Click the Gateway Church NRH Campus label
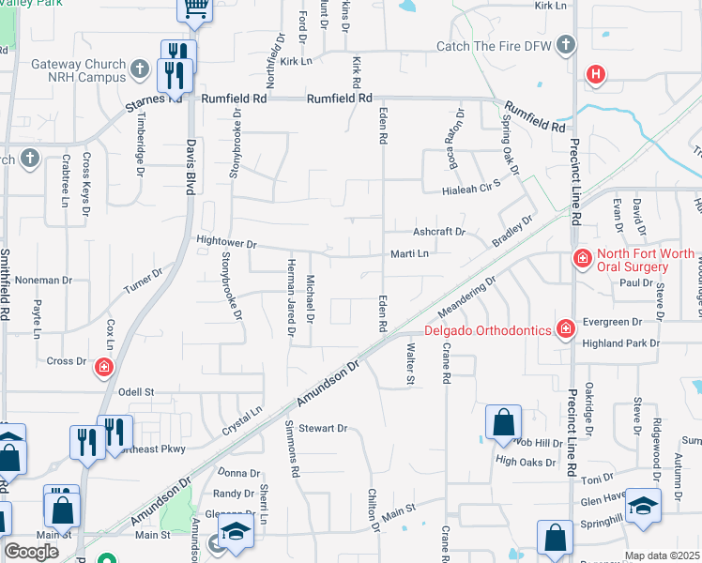tap(78, 71)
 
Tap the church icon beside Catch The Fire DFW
tap(565, 45)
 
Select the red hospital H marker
tap(595, 74)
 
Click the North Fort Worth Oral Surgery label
tap(646, 260)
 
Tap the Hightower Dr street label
tap(226, 242)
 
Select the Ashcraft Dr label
tap(438, 232)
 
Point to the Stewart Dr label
tap(324, 429)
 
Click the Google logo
tap(31, 552)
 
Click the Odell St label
tap(135, 391)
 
